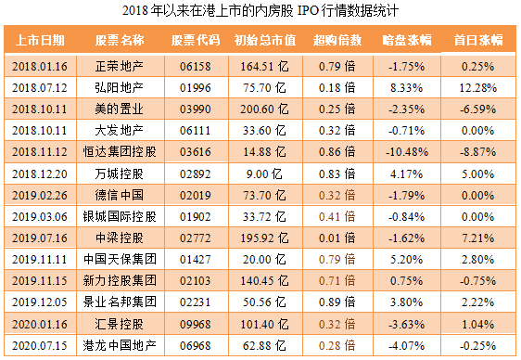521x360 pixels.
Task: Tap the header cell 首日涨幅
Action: tap(477, 41)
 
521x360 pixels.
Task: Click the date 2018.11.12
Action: tap(40, 151)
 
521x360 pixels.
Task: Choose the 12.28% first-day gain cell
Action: tap(477, 87)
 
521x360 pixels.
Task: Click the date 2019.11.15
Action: tap(40, 280)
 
